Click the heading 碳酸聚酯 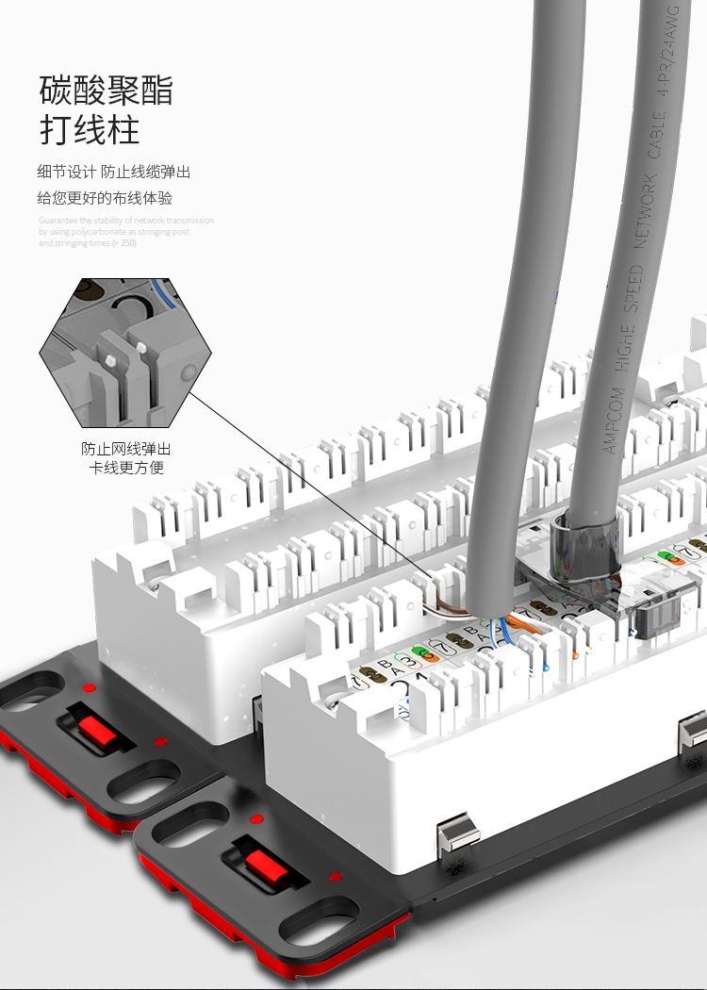click(x=107, y=91)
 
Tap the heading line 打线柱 click(x=90, y=130)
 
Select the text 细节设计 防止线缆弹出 click(x=114, y=172)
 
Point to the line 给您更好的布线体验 click(x=105, y=198)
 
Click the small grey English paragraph click(x=125, y=232)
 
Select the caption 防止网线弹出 click(x=126, y=449)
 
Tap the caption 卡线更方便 click(x=126, y=468)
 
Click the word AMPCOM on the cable click(x=613, y=418)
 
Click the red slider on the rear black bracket click(x=92, y=729)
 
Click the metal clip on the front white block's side click(x=459, y=833)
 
